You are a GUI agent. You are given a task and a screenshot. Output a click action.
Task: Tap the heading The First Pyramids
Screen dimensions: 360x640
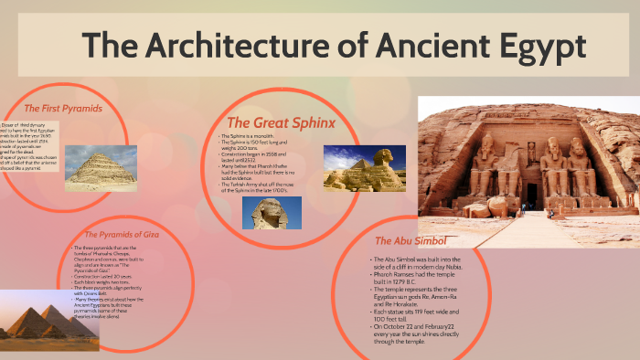(62, 109)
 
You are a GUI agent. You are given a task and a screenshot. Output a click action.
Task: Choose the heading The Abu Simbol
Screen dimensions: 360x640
(411, 241)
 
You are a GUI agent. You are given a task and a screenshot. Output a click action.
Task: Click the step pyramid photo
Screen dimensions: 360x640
(101, 168)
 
